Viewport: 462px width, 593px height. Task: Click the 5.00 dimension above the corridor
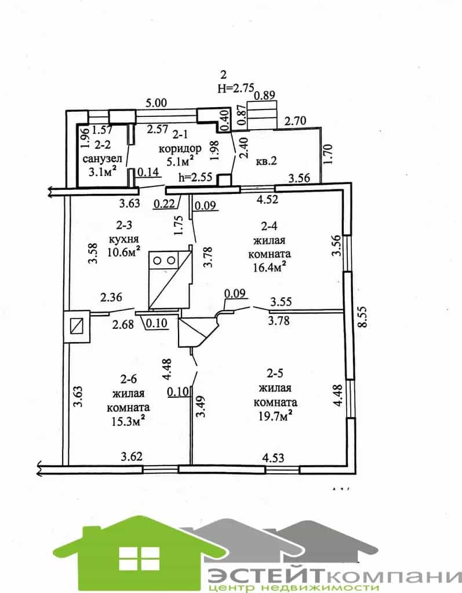click(x=156, y=103)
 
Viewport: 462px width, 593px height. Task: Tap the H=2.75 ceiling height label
click(x=236, y=88)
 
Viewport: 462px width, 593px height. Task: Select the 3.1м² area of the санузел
click(x=102, y=172)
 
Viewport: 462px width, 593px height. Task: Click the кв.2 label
click(x=267, y=160)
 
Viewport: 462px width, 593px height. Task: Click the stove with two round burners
click(x=164, y=260)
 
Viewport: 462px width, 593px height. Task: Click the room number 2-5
click(x=274, y=374)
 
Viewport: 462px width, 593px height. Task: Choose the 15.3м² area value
click(x=128, y=422)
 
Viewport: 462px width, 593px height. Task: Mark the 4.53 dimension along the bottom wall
click(x=273, y=458)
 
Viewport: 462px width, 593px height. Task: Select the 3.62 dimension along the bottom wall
click(x=132, y=456)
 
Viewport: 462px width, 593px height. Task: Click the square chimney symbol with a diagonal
click(x=77, y=326)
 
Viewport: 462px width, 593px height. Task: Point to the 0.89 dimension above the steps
click(x=264, y=95)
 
